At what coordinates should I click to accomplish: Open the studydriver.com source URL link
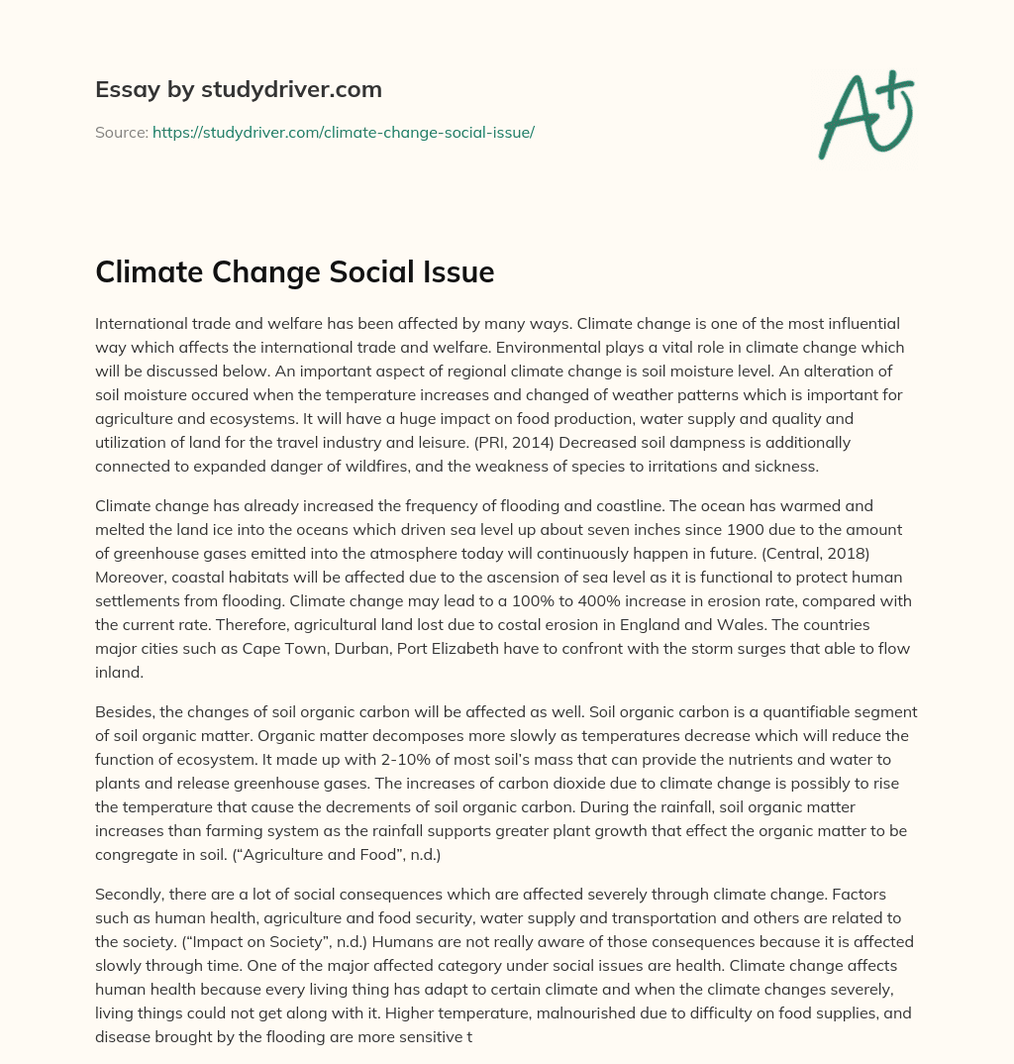343,132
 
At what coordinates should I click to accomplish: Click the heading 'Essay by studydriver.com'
238,89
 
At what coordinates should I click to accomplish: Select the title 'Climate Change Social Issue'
294,271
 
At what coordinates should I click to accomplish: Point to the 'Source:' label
121,132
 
